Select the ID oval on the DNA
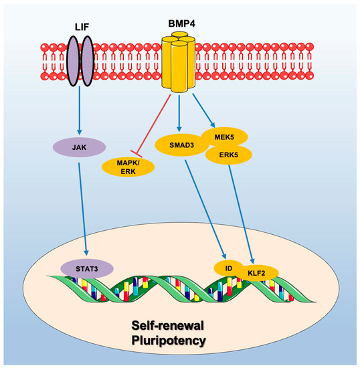228,268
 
